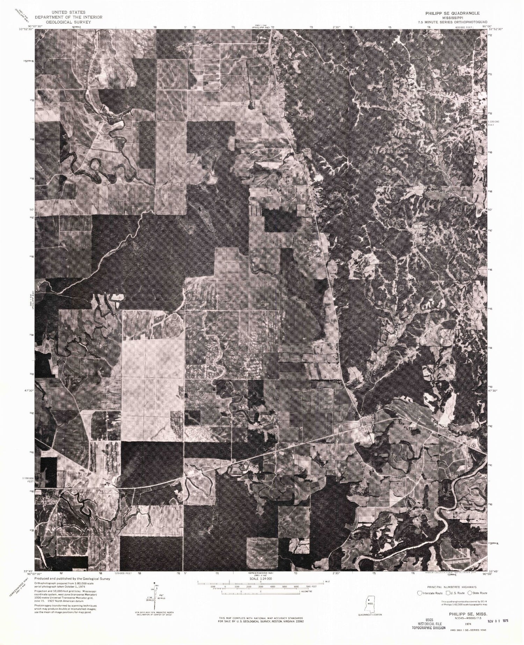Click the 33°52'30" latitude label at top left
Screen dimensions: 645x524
pyautogui.click(x=26, y=29)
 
